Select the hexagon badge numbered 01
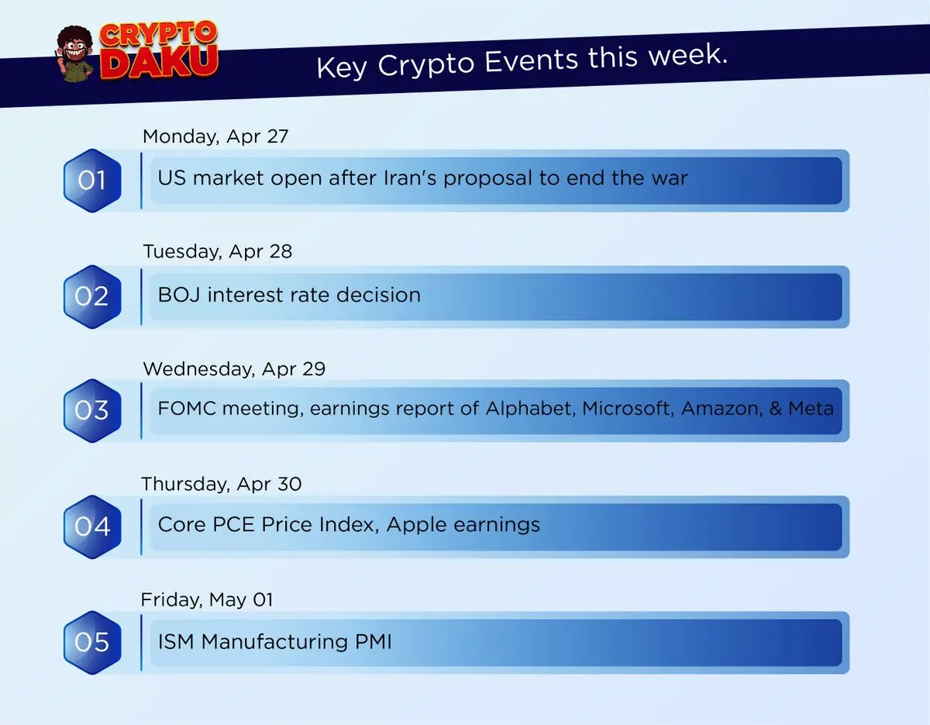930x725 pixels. click(92, 181)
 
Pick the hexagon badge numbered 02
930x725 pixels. click(92, 296)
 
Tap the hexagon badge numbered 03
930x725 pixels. click(92, 410)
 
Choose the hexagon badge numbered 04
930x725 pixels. click(92, 526)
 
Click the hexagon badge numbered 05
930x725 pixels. click(92, 642)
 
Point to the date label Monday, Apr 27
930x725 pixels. click(215, 137)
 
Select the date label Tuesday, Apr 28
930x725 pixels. click(218, 252)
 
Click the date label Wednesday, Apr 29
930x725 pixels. click(234, 369)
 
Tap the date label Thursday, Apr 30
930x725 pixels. click(222, 485)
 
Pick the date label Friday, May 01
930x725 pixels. click(207, 599)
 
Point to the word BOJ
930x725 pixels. click(179, 295)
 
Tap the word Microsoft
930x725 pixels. click(628, 409)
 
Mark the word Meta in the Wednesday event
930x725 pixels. click(811, 409)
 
